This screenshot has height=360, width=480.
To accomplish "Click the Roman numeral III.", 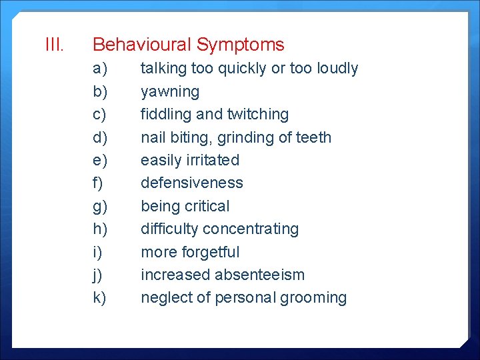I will pos(54,45).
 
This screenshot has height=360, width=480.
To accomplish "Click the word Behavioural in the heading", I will pos(141,45).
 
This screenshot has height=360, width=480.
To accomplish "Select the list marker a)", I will pos(100,69).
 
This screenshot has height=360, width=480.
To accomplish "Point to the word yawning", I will pos(170,92).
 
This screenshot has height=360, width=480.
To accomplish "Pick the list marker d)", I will pos(100,137).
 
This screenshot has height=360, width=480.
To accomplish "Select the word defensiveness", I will pos(192,183).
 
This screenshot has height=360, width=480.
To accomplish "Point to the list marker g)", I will pos(100,207).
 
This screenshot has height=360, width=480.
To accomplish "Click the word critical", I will pos(205,206).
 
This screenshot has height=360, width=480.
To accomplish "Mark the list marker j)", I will pos(98,275).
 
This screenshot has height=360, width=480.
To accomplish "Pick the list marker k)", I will pos(100,297).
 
